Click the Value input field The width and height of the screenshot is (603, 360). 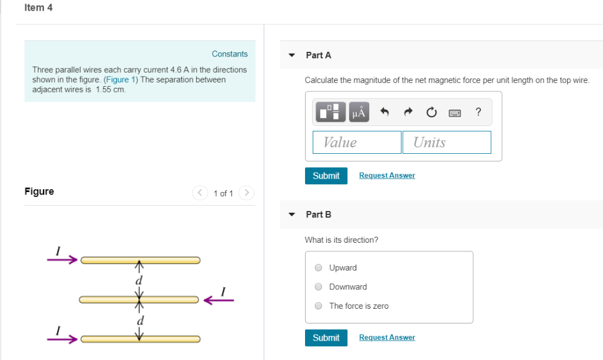[x=357, y=142]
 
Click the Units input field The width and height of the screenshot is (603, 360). [x=446, y=142]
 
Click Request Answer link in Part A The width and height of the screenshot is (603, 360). [x=387, y=176]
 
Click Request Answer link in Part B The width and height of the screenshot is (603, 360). [x=387, y=338]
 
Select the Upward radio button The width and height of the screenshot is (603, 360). [x=319, y=267]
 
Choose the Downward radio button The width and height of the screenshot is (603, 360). [x=319, y=287]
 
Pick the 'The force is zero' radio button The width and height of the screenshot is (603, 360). [x=319, y=306]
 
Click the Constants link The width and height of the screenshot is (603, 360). [x=230, y=54]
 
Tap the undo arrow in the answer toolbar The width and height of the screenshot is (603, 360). [x=385, y=112]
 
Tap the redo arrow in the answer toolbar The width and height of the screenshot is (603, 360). [x=407, y=112]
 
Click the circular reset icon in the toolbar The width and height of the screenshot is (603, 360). [x=431, y=112]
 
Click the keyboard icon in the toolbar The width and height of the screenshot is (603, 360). [x=455, y=112]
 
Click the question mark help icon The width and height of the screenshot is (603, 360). [x=478, y=111]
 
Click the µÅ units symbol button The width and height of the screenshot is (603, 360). [x=359, y=112]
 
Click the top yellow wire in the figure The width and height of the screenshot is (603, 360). [x=140, y=260]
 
